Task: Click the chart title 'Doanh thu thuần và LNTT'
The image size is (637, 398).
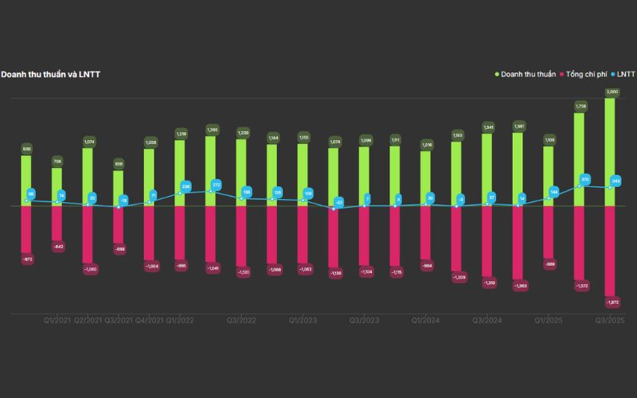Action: (50, 75)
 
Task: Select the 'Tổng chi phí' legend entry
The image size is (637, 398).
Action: (586, 75)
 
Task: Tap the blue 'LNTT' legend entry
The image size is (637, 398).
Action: (624, 75)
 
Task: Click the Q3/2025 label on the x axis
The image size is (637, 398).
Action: (610, 321)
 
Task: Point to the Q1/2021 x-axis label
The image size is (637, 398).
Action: (57, 321)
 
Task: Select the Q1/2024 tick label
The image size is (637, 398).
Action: (426, 321)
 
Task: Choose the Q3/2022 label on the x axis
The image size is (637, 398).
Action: (241, 321)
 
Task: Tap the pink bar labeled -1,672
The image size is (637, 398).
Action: (610, 251)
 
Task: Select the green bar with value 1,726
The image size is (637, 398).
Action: (579, 159)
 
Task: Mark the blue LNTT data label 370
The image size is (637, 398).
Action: (585, 180)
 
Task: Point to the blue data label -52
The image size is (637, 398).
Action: (339, 202)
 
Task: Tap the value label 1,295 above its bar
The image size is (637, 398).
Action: (211, 129)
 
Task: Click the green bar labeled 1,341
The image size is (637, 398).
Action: (487, 170)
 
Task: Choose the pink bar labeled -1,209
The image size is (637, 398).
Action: (456, 239)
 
